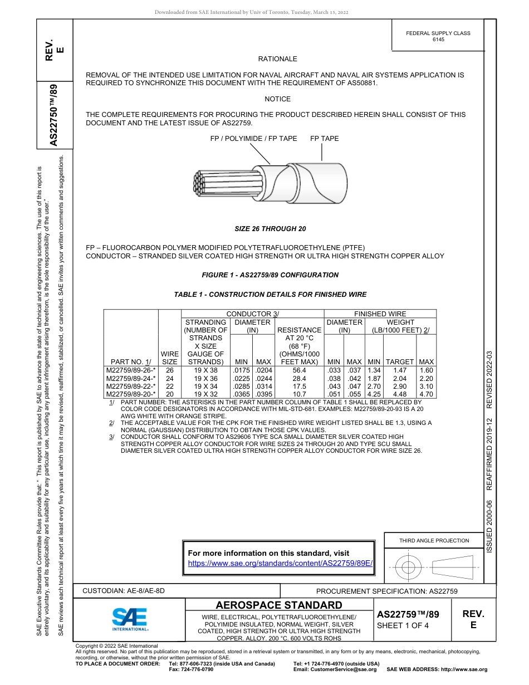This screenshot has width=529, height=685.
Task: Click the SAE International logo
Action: (130, 619)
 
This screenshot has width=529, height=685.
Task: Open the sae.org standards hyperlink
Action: (280, 563)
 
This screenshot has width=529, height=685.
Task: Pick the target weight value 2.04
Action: (400, 378)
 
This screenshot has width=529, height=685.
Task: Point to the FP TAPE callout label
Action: (324, 139)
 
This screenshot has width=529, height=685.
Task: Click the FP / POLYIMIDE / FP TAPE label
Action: (253, 139)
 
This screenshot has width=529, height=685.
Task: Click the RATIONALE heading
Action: (277, 59)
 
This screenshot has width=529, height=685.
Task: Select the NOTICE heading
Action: (277, 99)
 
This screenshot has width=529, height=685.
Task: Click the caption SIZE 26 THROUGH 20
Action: (270, 229)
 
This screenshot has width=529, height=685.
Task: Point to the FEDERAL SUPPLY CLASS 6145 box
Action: (438, 36)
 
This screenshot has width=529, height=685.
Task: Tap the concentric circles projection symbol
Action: (409, 567)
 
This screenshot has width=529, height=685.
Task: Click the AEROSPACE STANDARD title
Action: (279, 605)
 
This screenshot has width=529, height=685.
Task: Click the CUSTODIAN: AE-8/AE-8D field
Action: (124, 590)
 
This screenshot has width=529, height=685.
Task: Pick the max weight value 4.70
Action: (426, 394)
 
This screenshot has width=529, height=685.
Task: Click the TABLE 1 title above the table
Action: (270, 295)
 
